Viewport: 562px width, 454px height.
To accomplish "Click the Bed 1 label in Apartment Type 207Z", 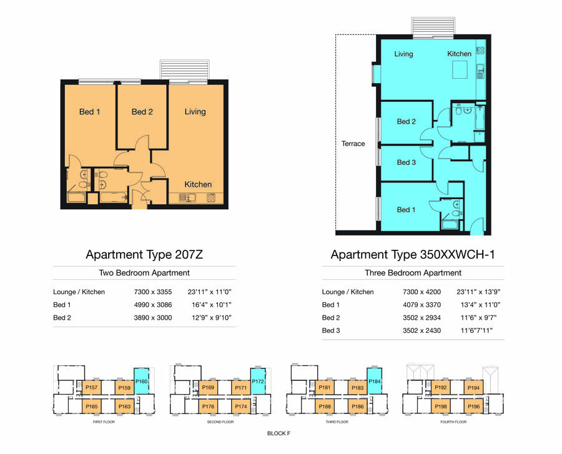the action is [89, 112].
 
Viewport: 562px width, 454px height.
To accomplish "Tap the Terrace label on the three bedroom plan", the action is [353, 144].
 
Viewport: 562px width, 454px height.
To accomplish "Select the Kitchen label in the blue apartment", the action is [459, 54].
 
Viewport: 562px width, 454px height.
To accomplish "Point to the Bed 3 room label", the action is [406, 162].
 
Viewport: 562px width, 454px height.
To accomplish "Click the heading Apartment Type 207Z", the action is [144, 254].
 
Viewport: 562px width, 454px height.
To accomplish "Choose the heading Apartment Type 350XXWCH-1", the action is [413, 254].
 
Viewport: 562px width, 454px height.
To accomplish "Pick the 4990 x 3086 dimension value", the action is [153, 305].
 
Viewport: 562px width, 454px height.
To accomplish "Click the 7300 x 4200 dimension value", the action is [421, 292].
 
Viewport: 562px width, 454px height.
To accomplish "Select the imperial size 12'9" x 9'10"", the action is [212, 318].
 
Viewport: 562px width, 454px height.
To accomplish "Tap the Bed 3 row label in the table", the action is [331, 331].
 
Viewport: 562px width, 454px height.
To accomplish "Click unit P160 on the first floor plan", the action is [141, 382].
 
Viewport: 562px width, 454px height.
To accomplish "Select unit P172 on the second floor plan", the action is [258, 382].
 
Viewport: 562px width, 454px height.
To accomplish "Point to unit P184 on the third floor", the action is [374, 382].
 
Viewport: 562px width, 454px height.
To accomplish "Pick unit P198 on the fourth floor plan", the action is [440, 407].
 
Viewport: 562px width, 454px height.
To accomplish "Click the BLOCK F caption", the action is [279, 433].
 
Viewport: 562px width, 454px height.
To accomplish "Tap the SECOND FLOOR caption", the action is [220, 422].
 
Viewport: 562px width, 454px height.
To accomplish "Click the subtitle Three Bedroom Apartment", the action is [413, 273].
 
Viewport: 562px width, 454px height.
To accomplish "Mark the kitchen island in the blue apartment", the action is [460, 69].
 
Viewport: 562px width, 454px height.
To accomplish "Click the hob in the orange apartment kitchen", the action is [211, 197].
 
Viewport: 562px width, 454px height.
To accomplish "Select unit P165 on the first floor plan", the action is [91, 407].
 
